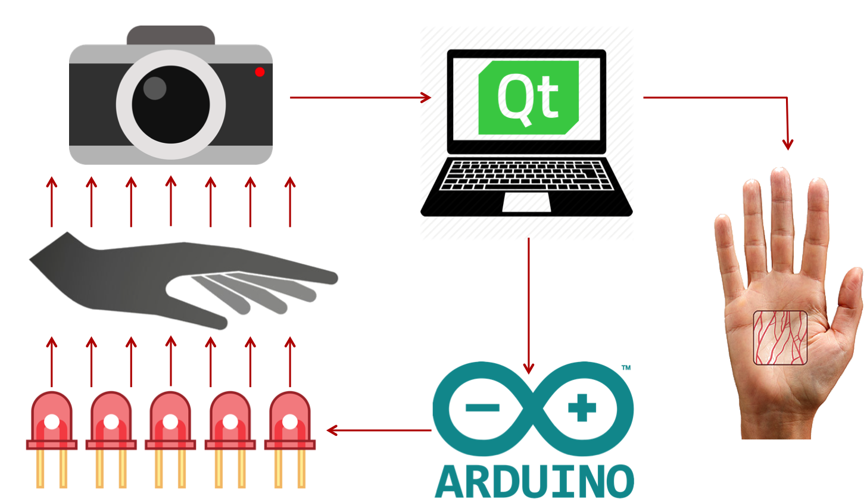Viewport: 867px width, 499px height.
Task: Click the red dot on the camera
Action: [x=260, y=72]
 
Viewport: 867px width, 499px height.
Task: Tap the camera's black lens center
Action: [x=171, y=104]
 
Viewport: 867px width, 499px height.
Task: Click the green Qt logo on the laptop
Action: [x=528, y=97]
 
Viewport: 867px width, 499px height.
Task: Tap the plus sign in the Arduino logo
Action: [x=582, y=408]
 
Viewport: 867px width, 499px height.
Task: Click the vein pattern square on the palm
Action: [x=780, y=337]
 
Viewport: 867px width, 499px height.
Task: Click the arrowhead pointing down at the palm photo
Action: [x=788, y=145]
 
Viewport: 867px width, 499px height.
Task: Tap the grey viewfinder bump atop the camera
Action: [x=170, y=35]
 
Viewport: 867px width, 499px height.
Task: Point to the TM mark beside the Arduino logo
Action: [x=625, y=368]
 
